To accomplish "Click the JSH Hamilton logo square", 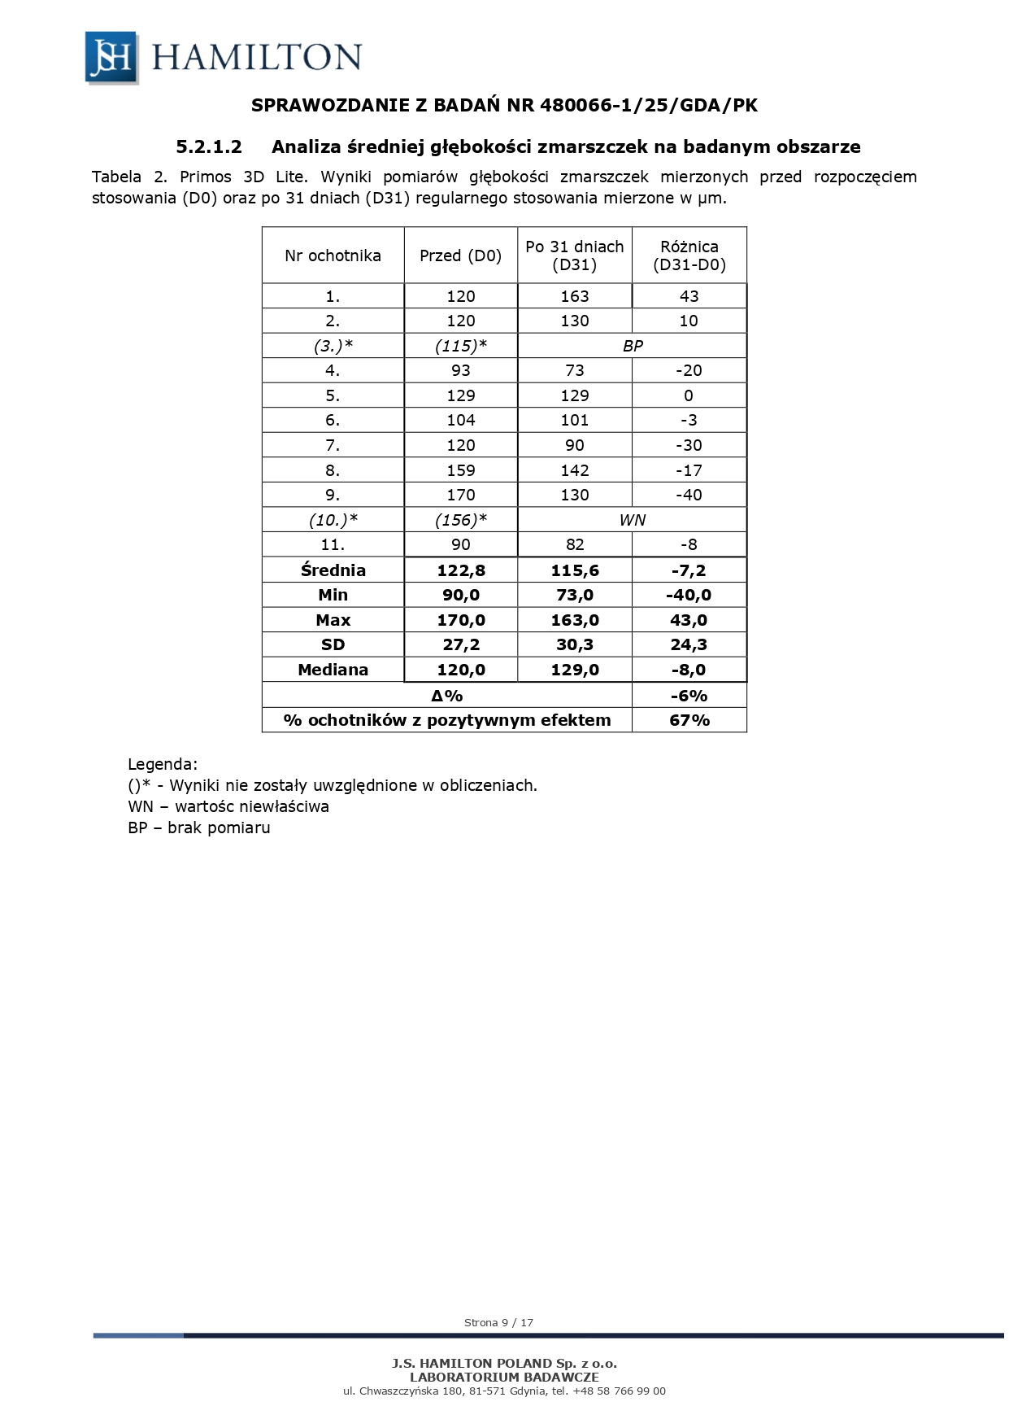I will pos(111,57).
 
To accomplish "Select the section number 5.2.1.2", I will pos(209,147).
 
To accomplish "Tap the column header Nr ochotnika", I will pos(333,255).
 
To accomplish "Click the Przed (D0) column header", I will pos(460,255).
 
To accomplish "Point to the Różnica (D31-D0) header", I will pos(689,255).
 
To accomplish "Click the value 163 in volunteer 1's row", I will pos(574,296).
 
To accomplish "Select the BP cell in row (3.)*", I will pos(632,346).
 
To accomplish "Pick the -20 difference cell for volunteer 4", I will pos(689,371).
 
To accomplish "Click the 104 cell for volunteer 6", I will pos(460,421).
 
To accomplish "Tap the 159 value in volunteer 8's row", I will pos(460,470).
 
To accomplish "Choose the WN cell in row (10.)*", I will pos(632,520).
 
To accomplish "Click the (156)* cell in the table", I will pos(460,520).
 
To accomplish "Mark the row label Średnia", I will pos(333,570).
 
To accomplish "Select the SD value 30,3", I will pos(574,645).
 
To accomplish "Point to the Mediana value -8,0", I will pos(689,670).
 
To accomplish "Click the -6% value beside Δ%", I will pos(689,696).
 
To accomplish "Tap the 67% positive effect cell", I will pos(689,720).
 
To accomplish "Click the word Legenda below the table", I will pos(163,765).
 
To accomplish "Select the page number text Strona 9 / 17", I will pos(498,1322).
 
